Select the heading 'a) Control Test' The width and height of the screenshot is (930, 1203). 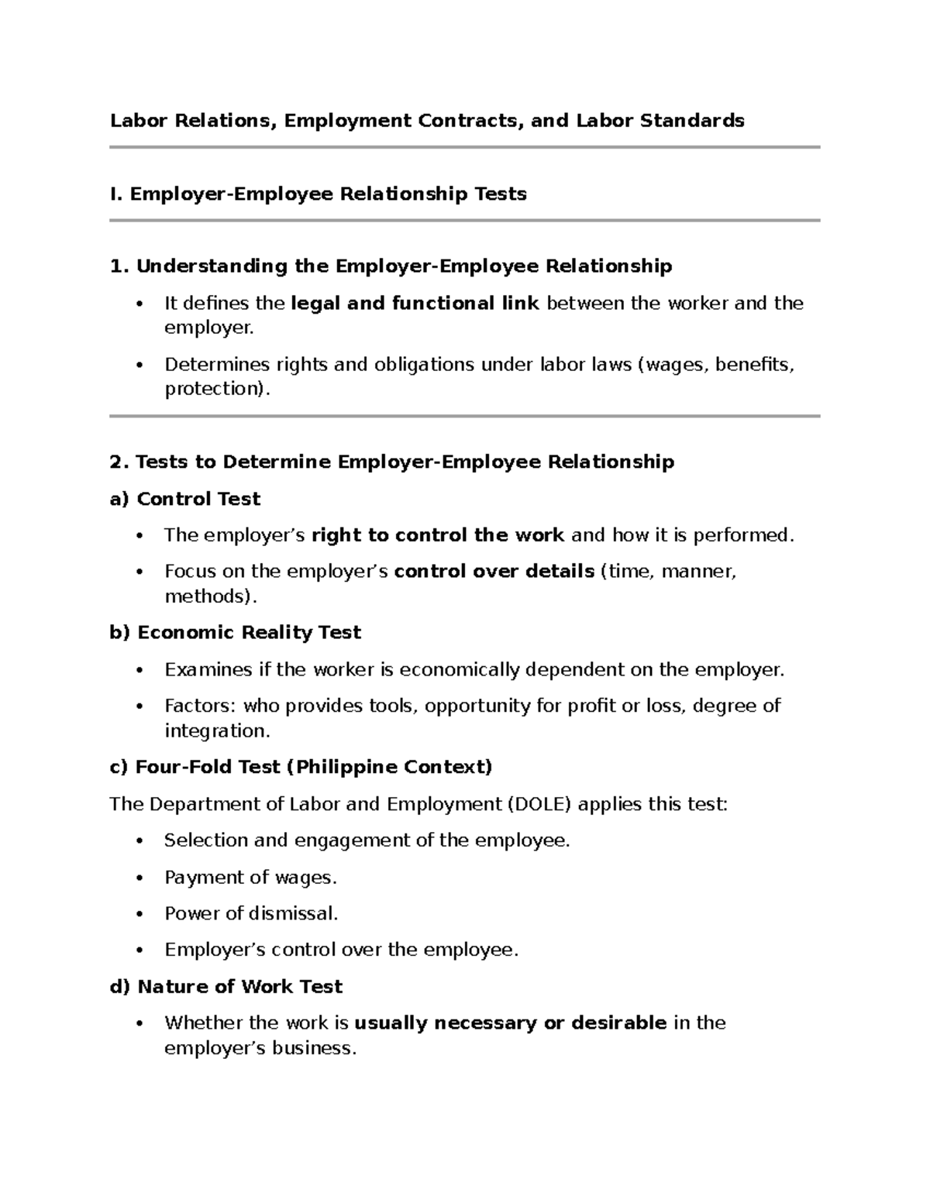pyautogui.click(x=184, y=499)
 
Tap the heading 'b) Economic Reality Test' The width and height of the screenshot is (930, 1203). pyautogui.click(x=235, y=633)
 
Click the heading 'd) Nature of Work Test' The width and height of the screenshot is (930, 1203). pyautogui.click(x=226, y=987)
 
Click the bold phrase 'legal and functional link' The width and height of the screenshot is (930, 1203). pyautogui.click(x=415, y=303)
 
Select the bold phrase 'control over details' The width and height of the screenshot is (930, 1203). pyautogui.click(x=494, y=572)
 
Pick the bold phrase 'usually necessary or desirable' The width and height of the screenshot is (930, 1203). pyautogui.click(x=510, y=1023)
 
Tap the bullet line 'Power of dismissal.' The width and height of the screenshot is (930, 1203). pyautogui.click(x=251, y=914)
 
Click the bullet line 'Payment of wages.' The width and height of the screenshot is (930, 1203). pyautogui.click(x=250, y=878)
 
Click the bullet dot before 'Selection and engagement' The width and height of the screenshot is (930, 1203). pyautogui.click(x=139, y=841)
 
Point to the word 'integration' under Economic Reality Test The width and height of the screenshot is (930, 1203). pyautogui.click(x=214, y=730)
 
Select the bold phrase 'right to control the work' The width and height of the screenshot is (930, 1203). pyautogui.click(x=438, y=535)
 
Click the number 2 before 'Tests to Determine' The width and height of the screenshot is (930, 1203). pyautogui.click(x=116, y=462)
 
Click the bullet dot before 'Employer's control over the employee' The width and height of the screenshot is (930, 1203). pyautogui.click(x=139, y=950)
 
